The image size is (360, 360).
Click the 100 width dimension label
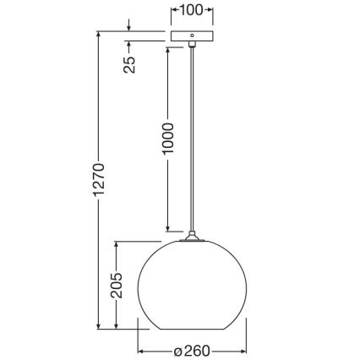tap(191, 11)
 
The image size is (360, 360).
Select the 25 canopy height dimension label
tap(130, 63)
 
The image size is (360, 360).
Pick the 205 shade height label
tap(116, 287)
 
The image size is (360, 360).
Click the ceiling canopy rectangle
tap(192, 37)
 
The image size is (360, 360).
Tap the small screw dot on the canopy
tap(192, 36)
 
